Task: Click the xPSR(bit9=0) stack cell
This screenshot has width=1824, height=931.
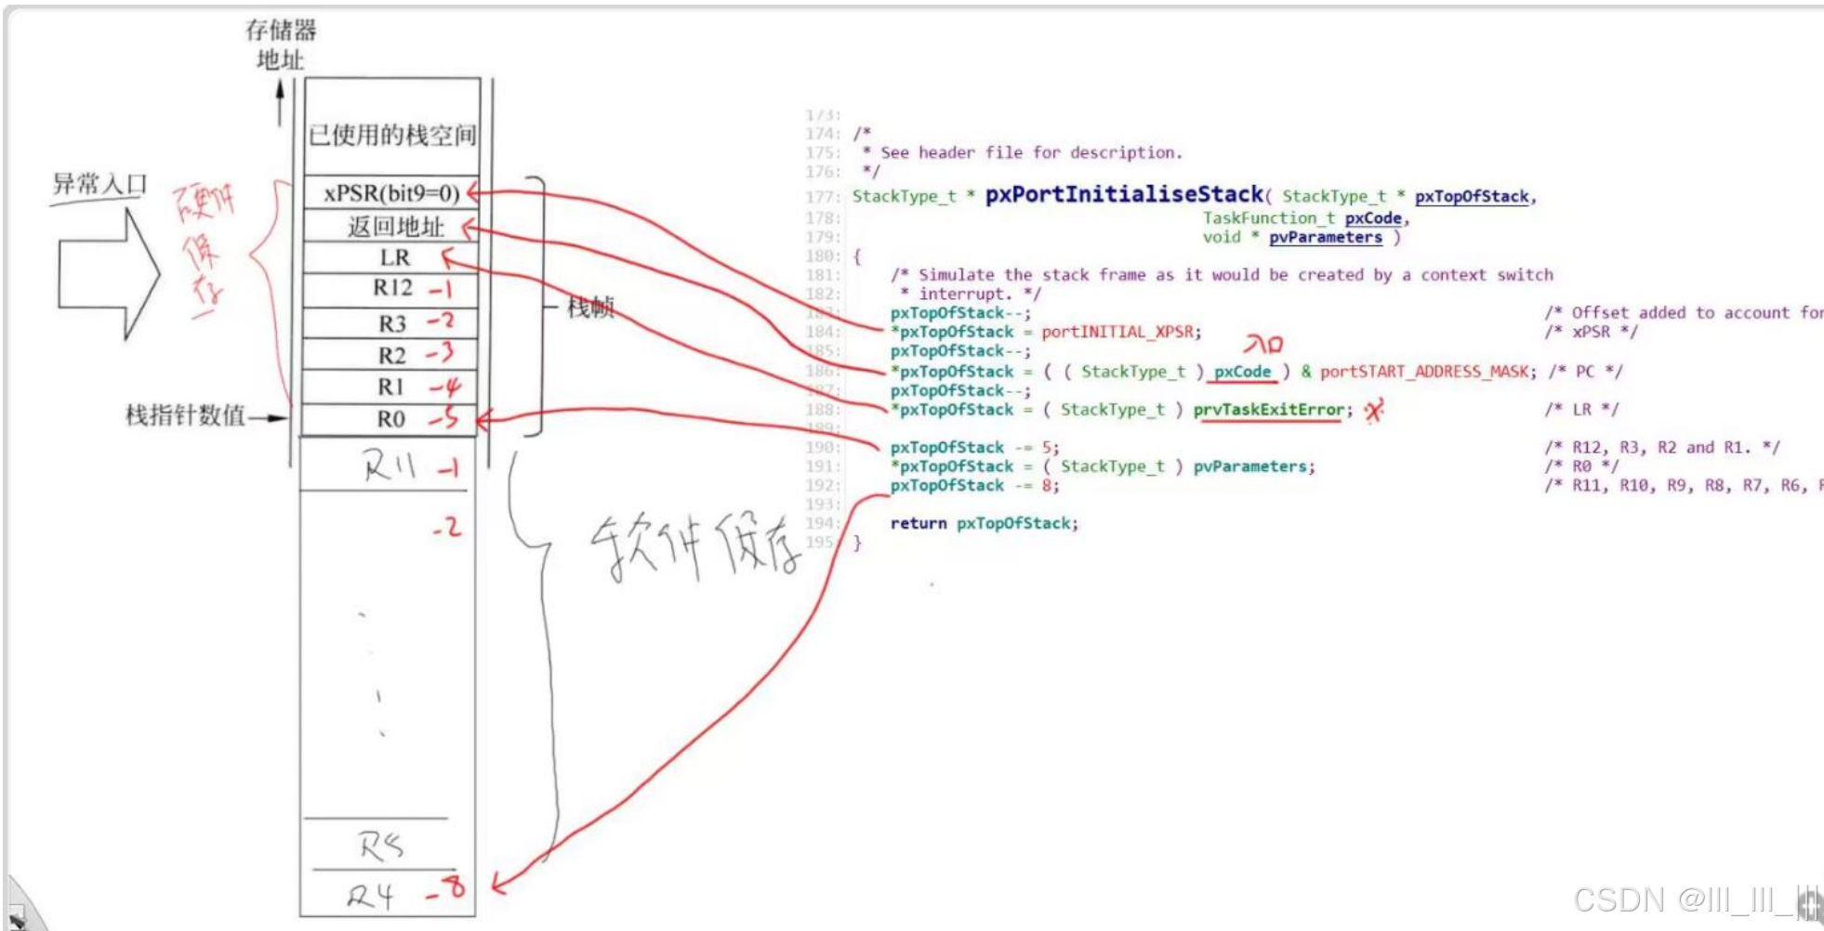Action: tap(391, 193)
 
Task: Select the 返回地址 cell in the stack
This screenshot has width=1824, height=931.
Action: tap(395, 226)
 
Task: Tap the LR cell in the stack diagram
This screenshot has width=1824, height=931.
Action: tap(394, 257)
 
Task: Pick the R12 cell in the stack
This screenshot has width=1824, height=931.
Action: tap(392, 288)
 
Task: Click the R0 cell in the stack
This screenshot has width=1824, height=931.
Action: tap(390, 419)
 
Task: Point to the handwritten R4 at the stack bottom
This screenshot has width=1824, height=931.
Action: tap(371, 896)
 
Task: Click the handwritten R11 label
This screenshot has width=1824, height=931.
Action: tap(389, 465)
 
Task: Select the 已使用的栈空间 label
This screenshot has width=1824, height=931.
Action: tap(392, 136)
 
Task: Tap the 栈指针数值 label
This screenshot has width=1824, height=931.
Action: tap(185, 414)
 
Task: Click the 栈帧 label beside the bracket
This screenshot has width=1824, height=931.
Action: tap(591, 307)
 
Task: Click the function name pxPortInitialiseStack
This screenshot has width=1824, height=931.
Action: tap(1124, 194)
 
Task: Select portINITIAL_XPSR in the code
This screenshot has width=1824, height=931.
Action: tap(1117, 332)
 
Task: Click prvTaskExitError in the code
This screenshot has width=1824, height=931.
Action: tap(1268, 410)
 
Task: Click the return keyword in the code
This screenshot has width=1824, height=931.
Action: tap(918, 523)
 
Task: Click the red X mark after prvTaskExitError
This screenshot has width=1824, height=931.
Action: tap(1374, 410)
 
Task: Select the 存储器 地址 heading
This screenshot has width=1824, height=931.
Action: tap(281, 45)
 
